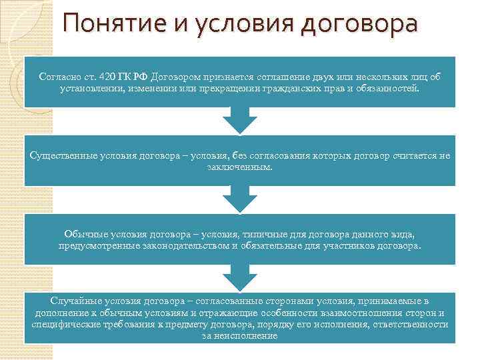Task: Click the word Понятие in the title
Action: tap(108, 24)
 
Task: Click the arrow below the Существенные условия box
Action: tap(239, 198)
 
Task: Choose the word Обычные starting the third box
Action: tap(82, 234)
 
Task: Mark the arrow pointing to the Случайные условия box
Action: tap(239, 276)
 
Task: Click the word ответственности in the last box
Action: tap(413, 323)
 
